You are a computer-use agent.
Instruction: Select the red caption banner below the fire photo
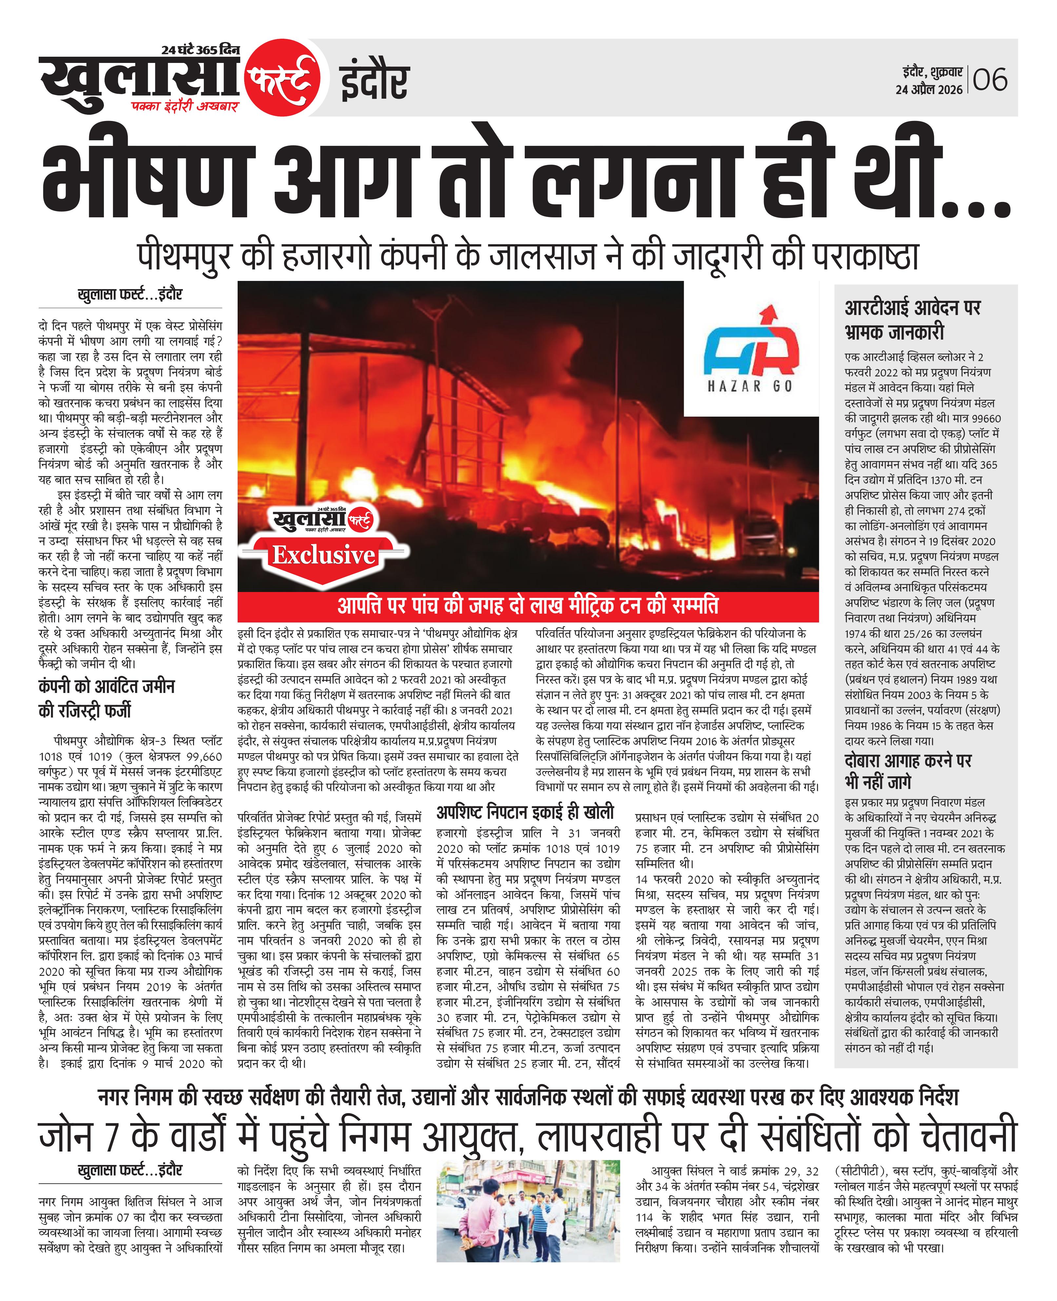coord(527,606)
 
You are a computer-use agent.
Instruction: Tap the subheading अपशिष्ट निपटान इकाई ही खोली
coord(525,812)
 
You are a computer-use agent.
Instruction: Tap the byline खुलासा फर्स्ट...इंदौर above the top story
coord(130,295)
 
